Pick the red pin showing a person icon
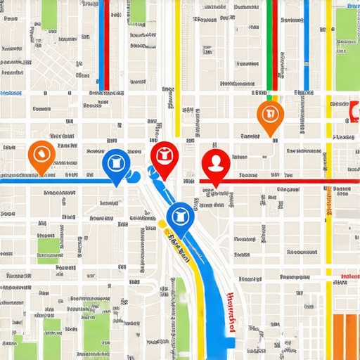point(215,163)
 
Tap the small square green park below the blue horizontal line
point(49,246)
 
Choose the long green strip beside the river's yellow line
point(180,316)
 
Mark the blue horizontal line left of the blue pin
point(56,181)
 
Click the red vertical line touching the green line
point(275,42)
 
